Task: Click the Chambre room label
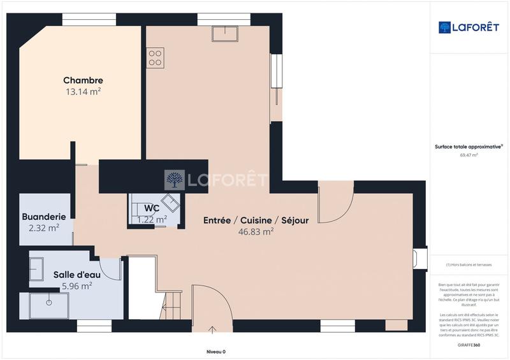[83, 80]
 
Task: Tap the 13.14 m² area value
[83, 91]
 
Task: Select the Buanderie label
[44, 217]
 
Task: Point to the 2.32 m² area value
[44, 227]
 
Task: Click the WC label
[152, 208]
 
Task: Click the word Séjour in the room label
[294, 220]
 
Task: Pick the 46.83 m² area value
[256, 232]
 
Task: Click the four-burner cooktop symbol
[156, 57]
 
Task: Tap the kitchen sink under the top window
[224, 33]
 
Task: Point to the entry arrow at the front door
[212, 329]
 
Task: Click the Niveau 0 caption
[215, 352]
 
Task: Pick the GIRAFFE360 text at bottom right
[469, 345]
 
